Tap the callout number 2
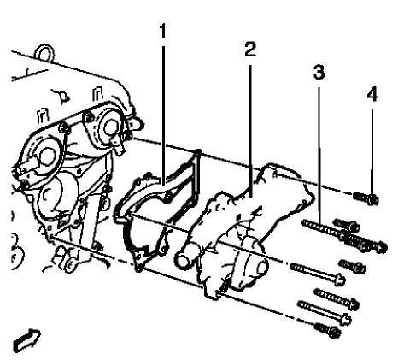248,50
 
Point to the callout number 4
371,96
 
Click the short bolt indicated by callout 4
369,200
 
